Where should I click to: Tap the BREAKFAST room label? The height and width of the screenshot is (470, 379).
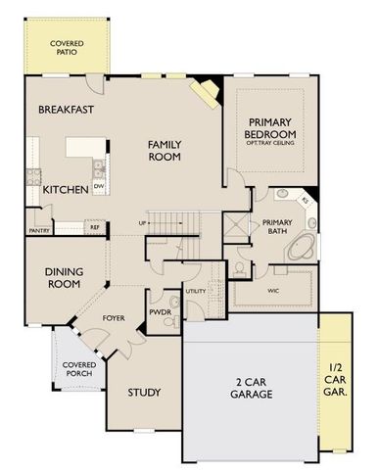[68, 110]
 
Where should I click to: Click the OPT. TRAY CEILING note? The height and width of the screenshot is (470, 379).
[270, 144]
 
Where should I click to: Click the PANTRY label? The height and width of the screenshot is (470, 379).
[40, 231]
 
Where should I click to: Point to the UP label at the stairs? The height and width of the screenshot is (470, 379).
[144, 222]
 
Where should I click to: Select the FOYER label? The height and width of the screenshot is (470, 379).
[114, 318]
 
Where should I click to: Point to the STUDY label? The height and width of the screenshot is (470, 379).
[145, 393]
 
